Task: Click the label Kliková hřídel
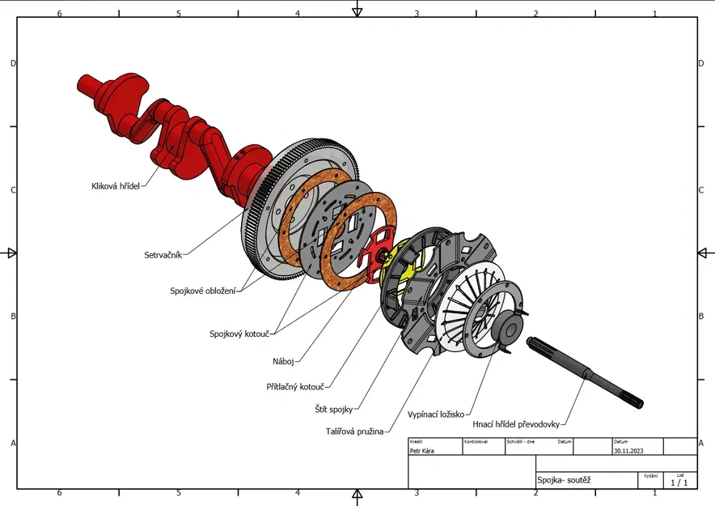pyautogui.click(x=116, y=185)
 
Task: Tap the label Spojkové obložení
pyautogui.click(x=202, y=291)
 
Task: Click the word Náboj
pyautogui.click(x=283, y=361)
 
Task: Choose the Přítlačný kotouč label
pyautogui.click(x=295, y=387)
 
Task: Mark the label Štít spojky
pyautogui.click(x=333, y=410)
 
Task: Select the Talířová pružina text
pyautogui.click(x=354, y=431)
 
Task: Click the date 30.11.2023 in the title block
pyautogui.click(x=629, y=451)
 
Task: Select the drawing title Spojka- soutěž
pyautogui.click(x=564, y=480)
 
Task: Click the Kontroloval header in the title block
pyautogui.click(x=476, y=442)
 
